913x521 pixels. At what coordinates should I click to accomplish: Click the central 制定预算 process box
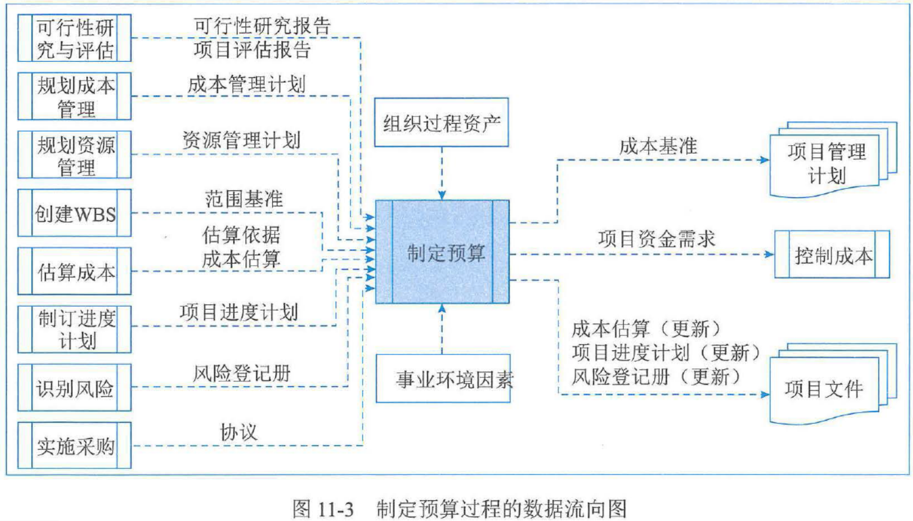(442, 252)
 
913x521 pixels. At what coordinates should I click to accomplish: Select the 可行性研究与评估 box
(74, 39)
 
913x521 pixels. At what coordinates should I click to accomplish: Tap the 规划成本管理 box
(74, 96)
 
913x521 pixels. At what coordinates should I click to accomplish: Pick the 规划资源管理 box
(74, 154)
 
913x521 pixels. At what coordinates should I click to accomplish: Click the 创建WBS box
(74, 213)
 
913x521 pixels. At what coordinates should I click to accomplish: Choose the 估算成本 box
(74, 271)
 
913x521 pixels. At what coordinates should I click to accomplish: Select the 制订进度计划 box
(74, 329)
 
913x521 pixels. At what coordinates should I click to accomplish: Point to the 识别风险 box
(74, 388)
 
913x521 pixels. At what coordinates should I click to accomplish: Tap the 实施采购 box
(74, 446)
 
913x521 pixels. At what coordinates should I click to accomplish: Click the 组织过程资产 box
(441, 123)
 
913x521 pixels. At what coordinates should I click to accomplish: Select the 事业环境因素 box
(443, 379)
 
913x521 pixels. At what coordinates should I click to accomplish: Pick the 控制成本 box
(832, 255)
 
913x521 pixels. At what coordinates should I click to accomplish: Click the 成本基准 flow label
(658, 146)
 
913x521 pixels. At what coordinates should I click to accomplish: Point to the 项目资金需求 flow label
(656, 239)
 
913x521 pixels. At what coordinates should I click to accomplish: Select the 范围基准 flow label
(243, 198)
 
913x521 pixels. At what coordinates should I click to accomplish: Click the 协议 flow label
(238, 432)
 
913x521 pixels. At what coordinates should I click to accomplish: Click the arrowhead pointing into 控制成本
(769, 254)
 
